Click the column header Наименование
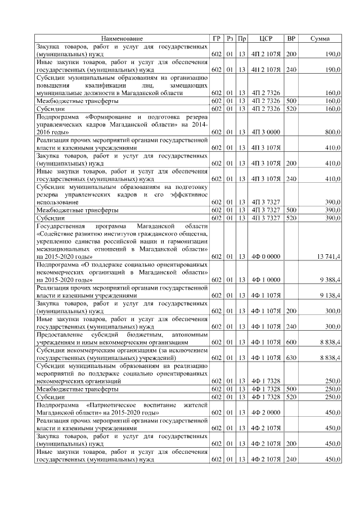pyautogui.click(x=122, y=38)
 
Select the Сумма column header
pyautogui.click(x=320, y=38)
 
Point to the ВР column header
pyautogui.click(x=291, y=38)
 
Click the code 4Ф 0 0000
pyautogui.click(x=265, y=256)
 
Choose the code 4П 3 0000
pyautogui.click(x=265, y=132)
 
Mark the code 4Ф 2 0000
pyautogui.click(x=265, y=412)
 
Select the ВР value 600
pyautogui.click(x=291, y=341)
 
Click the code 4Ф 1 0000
pyautogui.click(x=265, y=279)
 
